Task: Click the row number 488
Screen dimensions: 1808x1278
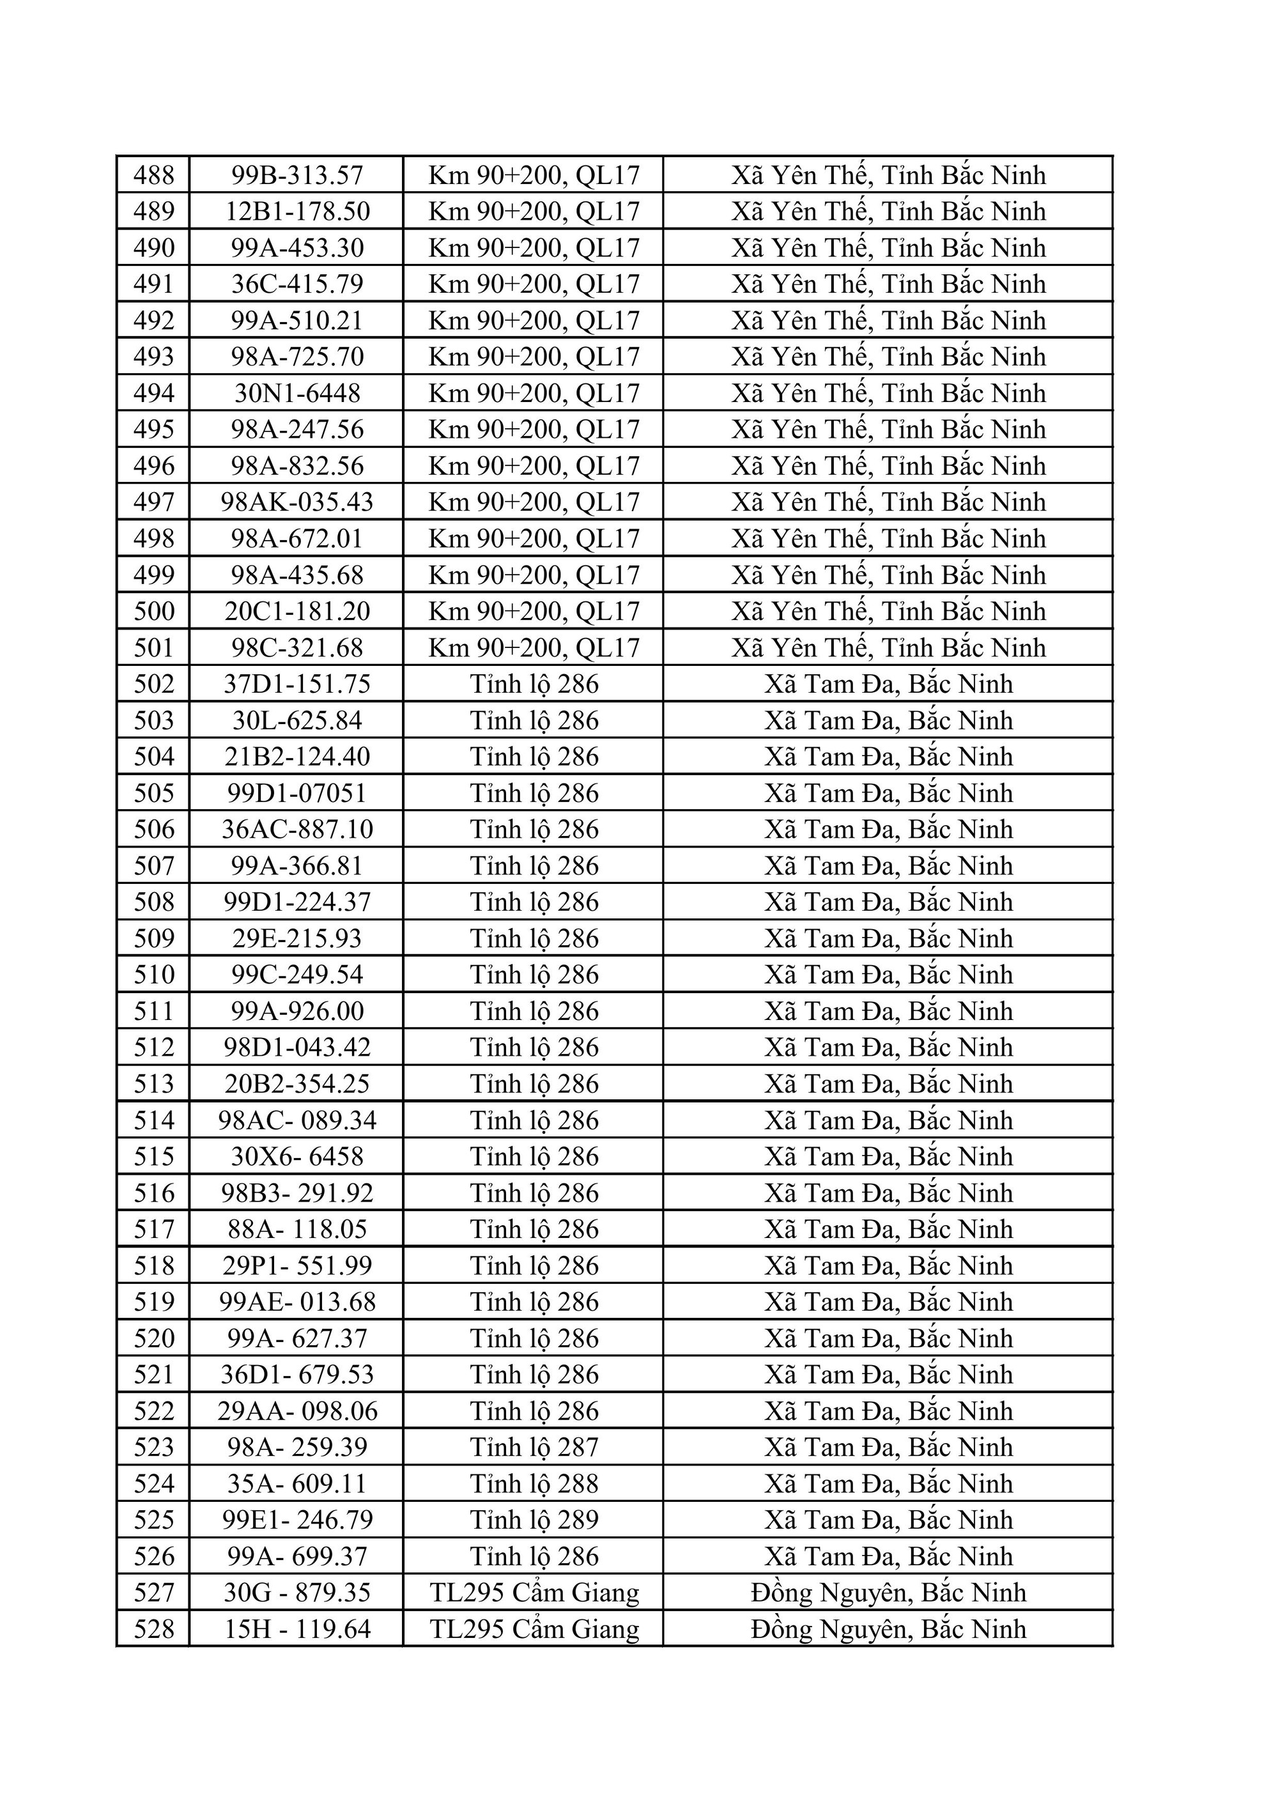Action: tap(153, 175)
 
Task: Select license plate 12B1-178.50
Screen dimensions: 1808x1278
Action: tap(297, 211)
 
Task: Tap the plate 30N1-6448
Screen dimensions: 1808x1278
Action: tap(297, 393)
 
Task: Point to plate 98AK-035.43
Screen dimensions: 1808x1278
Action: tap(297, 502)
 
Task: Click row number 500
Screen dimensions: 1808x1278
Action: tap(153, 611)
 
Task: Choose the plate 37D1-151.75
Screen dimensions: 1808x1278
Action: tap(297, 684)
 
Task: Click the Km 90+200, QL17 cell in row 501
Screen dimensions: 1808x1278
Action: tap(534, 647)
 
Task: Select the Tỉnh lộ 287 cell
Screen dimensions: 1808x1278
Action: tap(534, 1446)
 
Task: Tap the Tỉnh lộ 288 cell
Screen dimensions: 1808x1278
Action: tap(534, 1483)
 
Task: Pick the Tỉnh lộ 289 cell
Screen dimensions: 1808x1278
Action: tap(534, 1520)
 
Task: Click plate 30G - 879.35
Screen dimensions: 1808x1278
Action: tap(297, 1592)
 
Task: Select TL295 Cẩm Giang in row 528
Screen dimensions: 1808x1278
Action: tap(534, 1628)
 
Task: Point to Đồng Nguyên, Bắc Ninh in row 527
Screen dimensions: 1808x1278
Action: tap(888, 1592)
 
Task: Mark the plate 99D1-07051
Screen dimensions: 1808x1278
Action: tap(297, 793)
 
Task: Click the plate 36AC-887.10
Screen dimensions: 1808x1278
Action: tap(297, 829)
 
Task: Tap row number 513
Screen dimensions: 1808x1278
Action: tap(153, 1083)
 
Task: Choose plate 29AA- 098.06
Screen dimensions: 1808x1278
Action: tap(297, 1410)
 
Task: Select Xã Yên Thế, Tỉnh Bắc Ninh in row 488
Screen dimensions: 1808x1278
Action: tap(888, 175)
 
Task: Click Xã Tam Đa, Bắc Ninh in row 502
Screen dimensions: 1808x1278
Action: tap(888, 684)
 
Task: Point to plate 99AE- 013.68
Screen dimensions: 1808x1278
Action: tap(297, 1302)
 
